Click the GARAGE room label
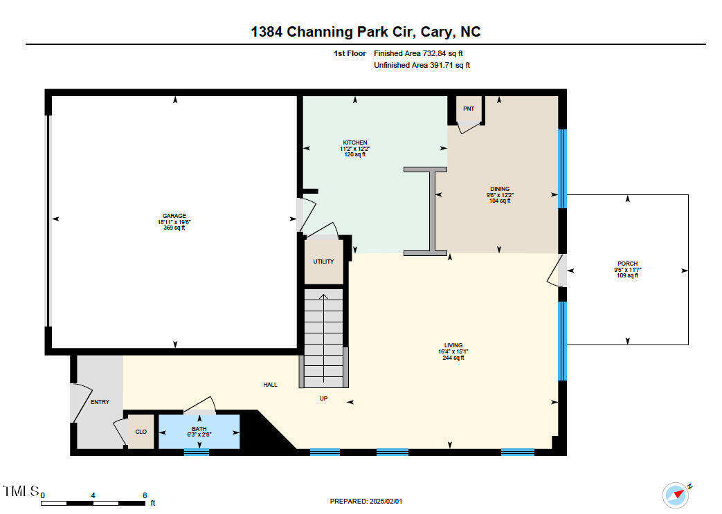tap(175, 216)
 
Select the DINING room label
tap(500, 189)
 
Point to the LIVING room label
tap(453, 345)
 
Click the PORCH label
tap(628, 264)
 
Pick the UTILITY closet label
tap(323, 261)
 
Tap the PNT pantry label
tap(469, 109)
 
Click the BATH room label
tap(199, 430)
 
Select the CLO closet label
tap(141, 432)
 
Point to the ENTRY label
tap(100, 402)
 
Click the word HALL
tap(270, 385)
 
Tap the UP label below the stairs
tap(323, 398)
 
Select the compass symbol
tap(676, 494)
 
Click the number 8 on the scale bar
tap(144, 495)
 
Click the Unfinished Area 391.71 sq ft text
tap(422, 65)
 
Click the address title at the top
tap(365, 32)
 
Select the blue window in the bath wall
tap(197, 452)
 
